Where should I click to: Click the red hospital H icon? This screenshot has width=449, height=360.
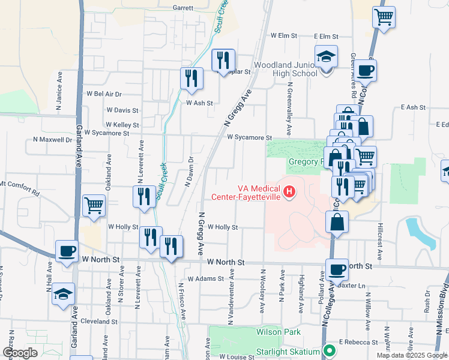coord(289,192)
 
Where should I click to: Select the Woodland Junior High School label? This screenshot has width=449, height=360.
coord(286,69)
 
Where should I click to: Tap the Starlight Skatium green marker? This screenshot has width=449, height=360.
coord(328,350)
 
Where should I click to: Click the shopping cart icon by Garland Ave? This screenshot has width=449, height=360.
coord(94,206)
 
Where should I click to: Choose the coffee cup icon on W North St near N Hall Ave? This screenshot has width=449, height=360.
coord(67,251)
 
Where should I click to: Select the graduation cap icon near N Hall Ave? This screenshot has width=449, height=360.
coord(63,295)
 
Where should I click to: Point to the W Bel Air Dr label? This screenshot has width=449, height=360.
coord(104,94)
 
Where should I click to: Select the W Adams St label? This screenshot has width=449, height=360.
coord(205,279)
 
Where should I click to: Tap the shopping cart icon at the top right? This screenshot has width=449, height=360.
coord(384,17)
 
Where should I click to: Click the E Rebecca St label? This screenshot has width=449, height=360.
coord(358,342)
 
